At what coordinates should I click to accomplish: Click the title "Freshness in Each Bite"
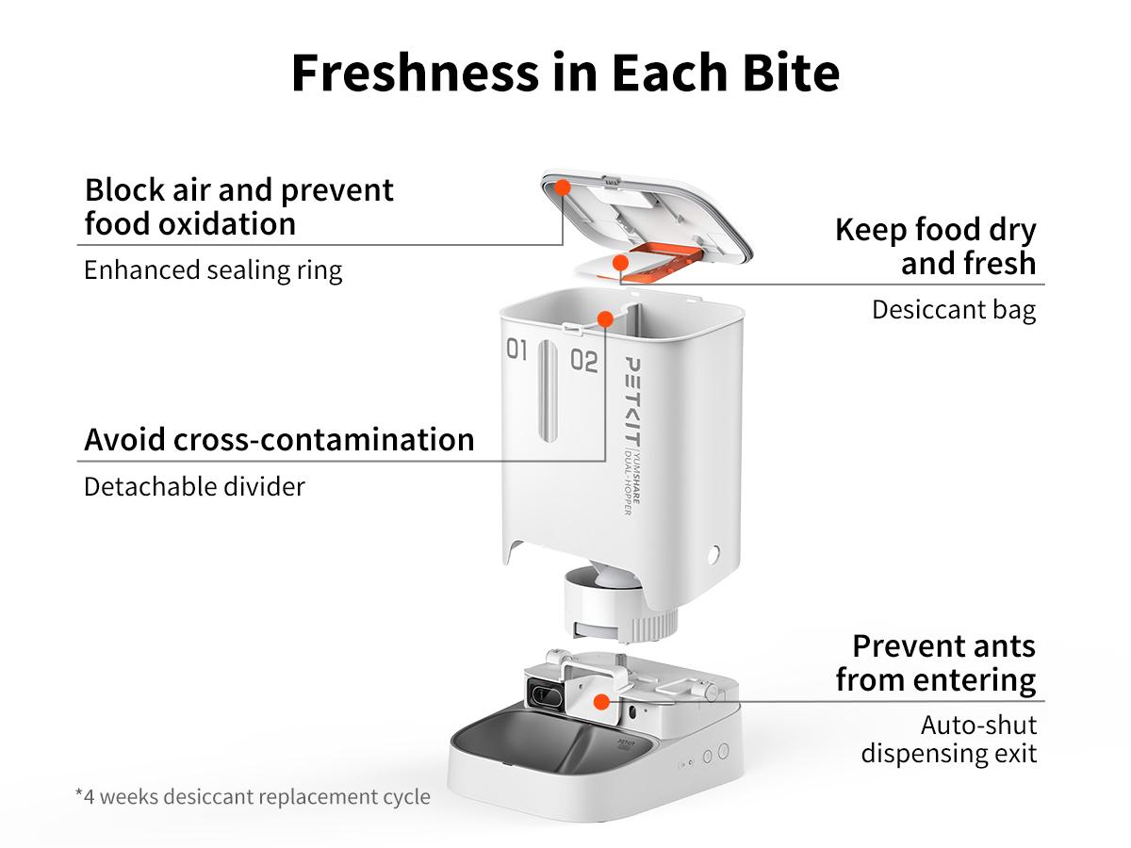565,73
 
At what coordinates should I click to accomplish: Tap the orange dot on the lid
562,187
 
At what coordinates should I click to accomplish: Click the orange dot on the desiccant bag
620,262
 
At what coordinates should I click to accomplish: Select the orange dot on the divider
604,318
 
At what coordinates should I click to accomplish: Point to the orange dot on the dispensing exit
598,701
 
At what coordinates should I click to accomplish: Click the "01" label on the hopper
516,351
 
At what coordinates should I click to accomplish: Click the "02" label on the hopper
583,360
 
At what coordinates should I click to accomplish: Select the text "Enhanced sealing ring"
213,270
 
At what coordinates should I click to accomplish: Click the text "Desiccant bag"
953,310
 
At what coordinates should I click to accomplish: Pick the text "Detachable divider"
194,487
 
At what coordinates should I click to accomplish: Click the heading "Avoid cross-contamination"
279,439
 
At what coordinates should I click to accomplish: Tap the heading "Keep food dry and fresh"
935,246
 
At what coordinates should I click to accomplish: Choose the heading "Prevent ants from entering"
935,662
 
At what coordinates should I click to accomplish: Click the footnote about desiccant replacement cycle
253,796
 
